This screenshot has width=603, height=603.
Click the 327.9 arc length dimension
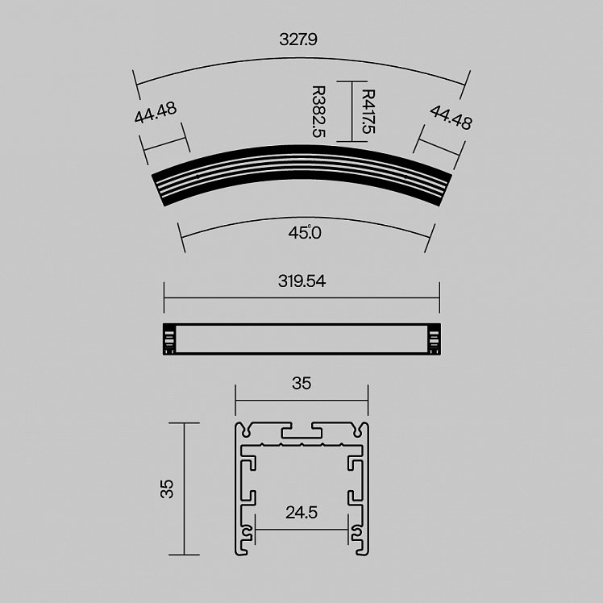click(298, 40)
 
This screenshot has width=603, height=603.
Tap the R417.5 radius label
click(368, 111)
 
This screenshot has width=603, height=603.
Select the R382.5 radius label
click(318, 111)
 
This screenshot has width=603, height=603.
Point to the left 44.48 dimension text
click(156, 112)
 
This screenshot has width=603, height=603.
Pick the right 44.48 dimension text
click(451, 117)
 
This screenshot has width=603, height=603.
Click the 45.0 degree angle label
click(305, 233)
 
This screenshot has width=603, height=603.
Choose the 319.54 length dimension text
click(301, 281)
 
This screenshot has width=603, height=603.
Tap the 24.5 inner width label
click(301, 512)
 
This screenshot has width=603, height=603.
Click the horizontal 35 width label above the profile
click(301, 384)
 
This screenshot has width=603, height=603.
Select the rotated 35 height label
click(168, 489)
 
